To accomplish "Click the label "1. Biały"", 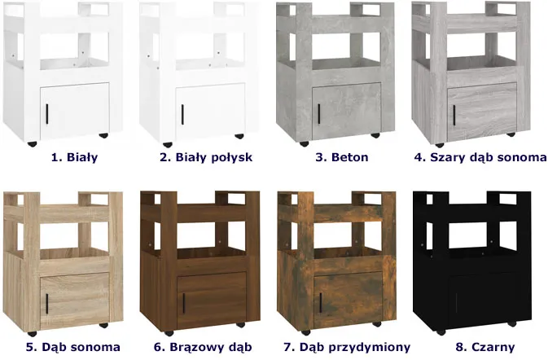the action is click(x=74, y=157).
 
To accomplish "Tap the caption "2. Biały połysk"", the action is click(x=206, y=157).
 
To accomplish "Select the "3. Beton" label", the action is click(x=342, y=157).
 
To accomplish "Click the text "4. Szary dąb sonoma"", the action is click(x=480, y=157).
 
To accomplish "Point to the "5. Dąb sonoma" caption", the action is click(x=73, y=347).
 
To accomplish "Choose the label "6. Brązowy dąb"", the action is click(x=203, y=347).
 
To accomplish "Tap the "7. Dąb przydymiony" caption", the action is click(x=347, y=347).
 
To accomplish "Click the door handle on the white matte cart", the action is click(x=47, y=114).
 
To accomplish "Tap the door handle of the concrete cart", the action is click(x=319, y=114).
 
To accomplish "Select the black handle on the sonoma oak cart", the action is click(x=47, y=304).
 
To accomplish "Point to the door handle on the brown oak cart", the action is click(x=184, y=303).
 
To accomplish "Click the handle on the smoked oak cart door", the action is click(x=320, y=303).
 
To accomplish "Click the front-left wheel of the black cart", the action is click(x=441, y=332).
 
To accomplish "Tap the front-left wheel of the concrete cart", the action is click(x=304, y=143).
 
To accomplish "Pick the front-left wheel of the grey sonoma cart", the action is click(x=440, y=145).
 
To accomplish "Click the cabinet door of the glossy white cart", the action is click(x=210, y=112).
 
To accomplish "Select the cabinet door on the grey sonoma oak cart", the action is click(x=482, y=112).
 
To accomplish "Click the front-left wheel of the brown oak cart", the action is click(x=169, y=333).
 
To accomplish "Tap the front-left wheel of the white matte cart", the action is click(x=32, y=143).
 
